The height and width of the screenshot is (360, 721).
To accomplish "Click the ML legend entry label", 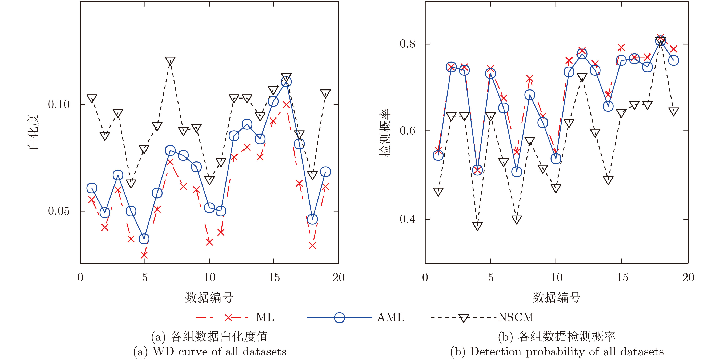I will (265, 317).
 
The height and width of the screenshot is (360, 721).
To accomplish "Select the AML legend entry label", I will (390, 317).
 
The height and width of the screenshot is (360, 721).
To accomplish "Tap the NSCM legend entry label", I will (516, 317).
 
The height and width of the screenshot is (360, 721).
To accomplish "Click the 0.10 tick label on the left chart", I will (59, 104).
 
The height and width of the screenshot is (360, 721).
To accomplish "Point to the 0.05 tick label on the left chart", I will (59, 211).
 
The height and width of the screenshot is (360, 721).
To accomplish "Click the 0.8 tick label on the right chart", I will (408, 44).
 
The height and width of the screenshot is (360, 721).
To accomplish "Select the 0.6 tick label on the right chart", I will (408, 131).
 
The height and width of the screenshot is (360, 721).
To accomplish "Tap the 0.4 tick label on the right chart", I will (408, 219).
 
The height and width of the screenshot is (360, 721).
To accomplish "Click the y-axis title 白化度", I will (34, 132).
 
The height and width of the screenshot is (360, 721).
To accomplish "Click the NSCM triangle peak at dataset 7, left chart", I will (170, 61).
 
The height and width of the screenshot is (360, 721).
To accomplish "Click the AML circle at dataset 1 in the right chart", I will (438, 155).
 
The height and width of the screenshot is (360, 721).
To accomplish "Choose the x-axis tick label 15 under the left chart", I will (274, 278).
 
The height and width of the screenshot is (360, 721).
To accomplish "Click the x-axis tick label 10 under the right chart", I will (556, 278).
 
